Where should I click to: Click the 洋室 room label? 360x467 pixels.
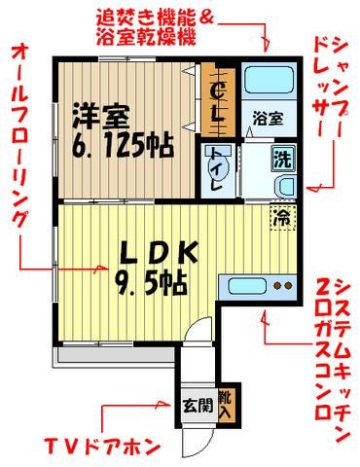[99, 118]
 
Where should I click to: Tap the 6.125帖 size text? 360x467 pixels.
[123, 146]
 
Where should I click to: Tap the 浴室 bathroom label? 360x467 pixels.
[269, 118]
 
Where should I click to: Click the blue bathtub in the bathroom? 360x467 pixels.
[261, 83]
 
